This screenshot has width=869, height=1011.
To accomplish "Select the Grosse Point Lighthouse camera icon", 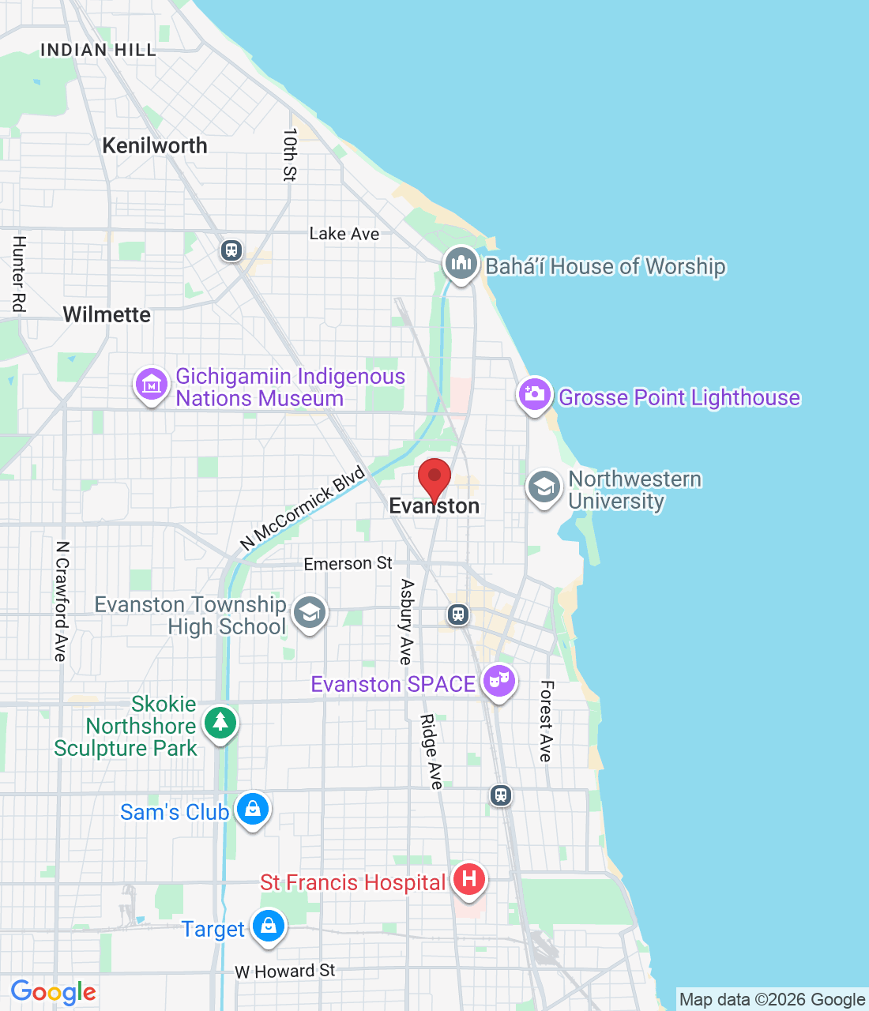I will pyautogui.click(x=534, y=394).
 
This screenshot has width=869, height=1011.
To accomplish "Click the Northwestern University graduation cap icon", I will pyautogui.click(x=544, y=487).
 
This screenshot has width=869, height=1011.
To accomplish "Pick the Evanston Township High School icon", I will pyautogui.click(x=309, y=613).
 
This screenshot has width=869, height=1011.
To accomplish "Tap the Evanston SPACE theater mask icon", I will pyautogui.click(x=498, y=680).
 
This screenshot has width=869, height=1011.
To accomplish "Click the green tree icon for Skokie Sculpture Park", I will pyautogui.click(x=220, y=722).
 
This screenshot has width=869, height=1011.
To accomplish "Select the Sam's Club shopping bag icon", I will pyautogui.click(x=253, y=809).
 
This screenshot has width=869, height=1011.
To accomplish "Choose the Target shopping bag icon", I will pyautogui.click(x=268, y=926).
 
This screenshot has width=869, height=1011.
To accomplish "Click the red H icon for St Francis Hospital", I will pyautogui.click(x=469, y=879).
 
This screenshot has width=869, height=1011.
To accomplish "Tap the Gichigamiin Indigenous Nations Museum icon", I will pyautogui.click(x=151, y=385).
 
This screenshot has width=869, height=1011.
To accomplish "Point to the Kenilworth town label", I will pyautogui.click(x=155, y=146).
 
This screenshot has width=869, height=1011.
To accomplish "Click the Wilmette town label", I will pyautogui.click(x=107, y=314).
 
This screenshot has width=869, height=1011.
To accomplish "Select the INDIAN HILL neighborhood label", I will pyautogui.click(x=98, y=50).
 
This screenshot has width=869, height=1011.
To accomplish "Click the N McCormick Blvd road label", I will pyautogui.click(x=303, y=508).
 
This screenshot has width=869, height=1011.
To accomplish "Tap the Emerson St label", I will pyautogui.click(x=348, y=563).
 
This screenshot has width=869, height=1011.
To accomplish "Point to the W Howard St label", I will pyautogui.click(x=284, y=971).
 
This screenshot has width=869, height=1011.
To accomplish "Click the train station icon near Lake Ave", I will pyautogui.click(x=231, y=250).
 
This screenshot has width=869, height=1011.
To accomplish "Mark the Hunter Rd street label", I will pyautogui.click(x=19, y=273).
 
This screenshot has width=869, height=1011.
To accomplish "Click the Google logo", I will pyautogui.click(x=54, y=992).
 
